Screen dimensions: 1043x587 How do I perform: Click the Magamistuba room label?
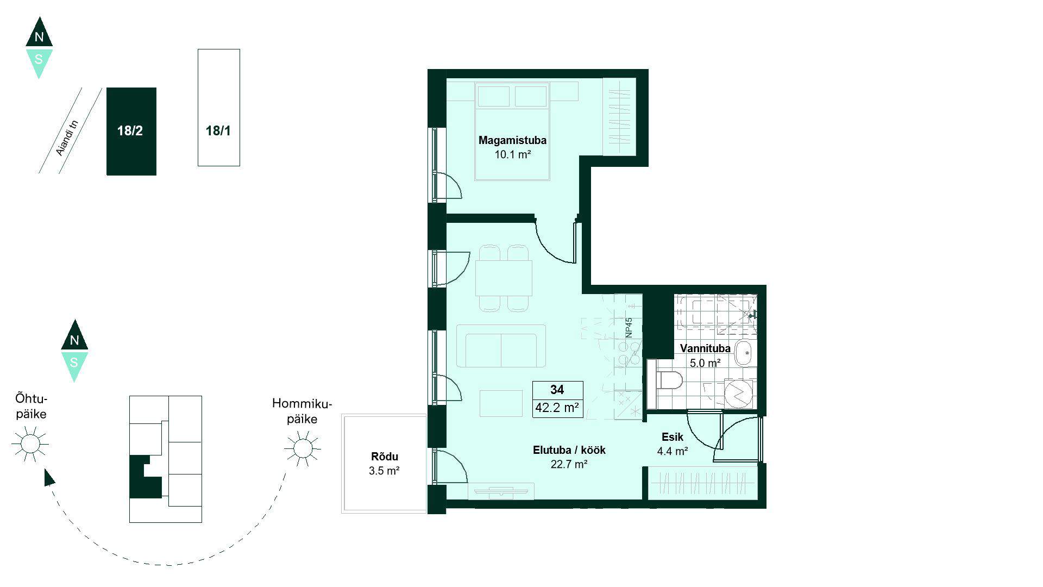[512, 140]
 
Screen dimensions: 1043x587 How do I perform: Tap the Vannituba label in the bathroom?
[705, 348]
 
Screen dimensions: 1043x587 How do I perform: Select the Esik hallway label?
[673, 437]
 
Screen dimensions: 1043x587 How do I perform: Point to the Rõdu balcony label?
[385, 457]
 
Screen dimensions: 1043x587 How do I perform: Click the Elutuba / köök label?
[569, 450]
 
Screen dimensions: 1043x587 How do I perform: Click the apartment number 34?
[557, 390]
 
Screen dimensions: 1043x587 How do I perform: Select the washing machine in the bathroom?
[738, 394]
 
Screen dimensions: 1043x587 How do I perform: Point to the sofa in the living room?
[501, 346]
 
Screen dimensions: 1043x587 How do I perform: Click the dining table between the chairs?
[504, 278]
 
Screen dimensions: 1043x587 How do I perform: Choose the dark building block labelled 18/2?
[131, 132]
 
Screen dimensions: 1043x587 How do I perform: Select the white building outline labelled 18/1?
[219, 108]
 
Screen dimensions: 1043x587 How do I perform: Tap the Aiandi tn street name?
[67, 138]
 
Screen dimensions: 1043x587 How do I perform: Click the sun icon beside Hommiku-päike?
[303, 448]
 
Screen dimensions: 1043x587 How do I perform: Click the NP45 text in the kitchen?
[629, 328]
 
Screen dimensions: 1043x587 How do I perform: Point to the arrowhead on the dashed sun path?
[49, 477]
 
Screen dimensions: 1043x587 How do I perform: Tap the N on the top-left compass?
[39, 38]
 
